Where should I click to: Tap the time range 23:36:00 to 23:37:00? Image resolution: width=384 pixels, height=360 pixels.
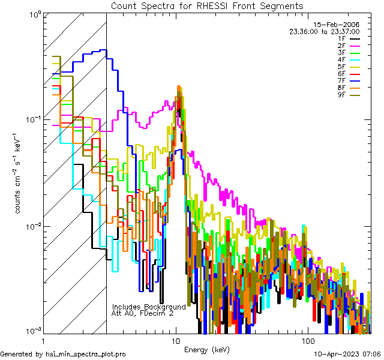click(324, 31)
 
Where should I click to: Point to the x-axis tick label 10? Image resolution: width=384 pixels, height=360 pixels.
click(175, 341)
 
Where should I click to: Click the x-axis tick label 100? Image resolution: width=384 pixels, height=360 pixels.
click(307, 341)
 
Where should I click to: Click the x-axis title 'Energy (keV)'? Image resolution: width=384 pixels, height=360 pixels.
click(207, 349)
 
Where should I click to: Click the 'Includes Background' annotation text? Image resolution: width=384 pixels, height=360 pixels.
click(149, 307)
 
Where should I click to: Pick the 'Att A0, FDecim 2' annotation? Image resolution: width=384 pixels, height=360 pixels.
click(142, 313)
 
